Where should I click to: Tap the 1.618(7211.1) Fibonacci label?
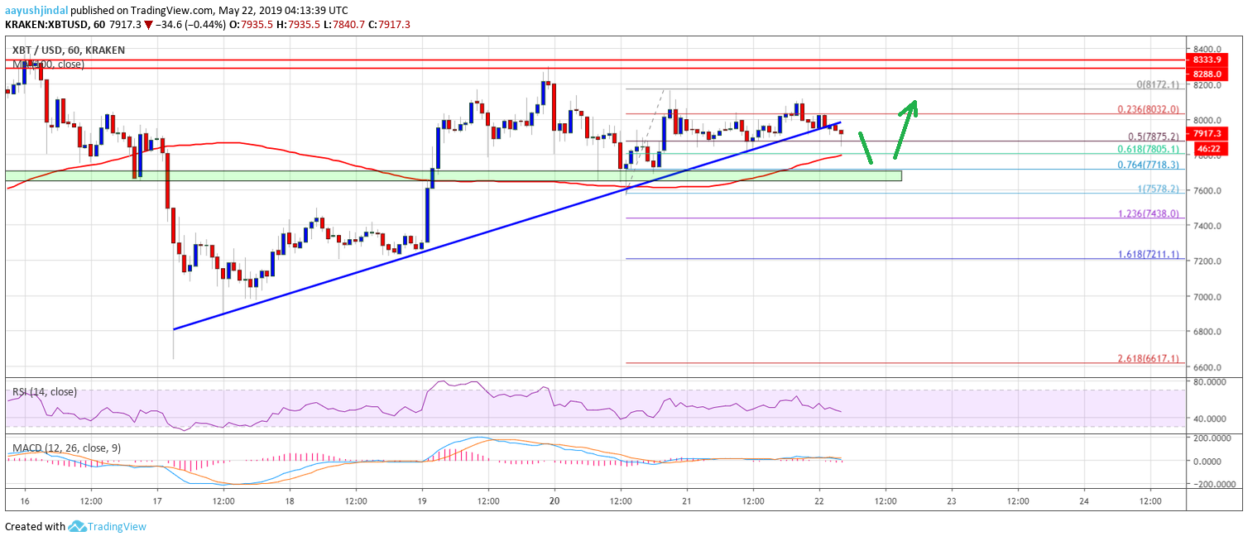(x=1146, y=252)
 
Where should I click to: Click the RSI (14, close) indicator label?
(x=45, y=392)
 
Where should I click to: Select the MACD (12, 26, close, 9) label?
(x=66, y=448)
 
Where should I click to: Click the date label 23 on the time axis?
(x=952, y=501)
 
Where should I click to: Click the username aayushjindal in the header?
(x=35, y=9)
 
